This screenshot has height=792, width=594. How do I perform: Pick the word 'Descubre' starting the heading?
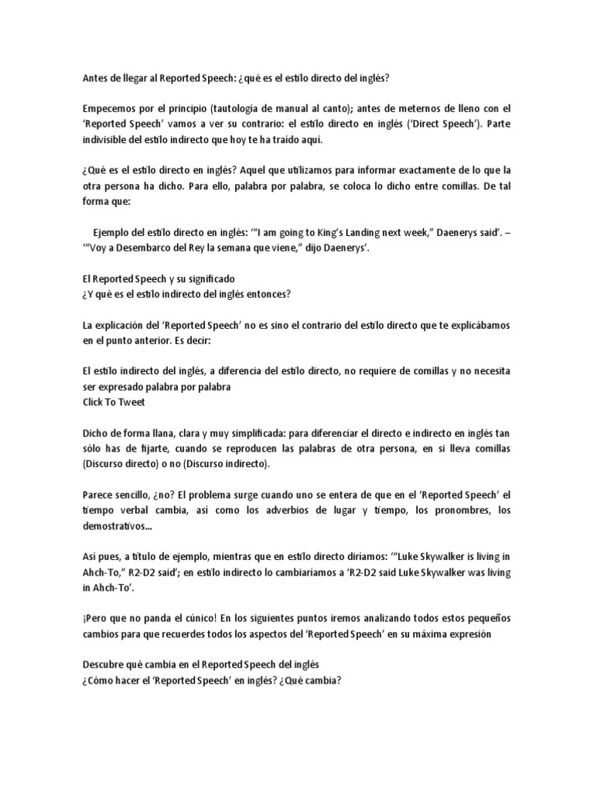click(x=104, y=664)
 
